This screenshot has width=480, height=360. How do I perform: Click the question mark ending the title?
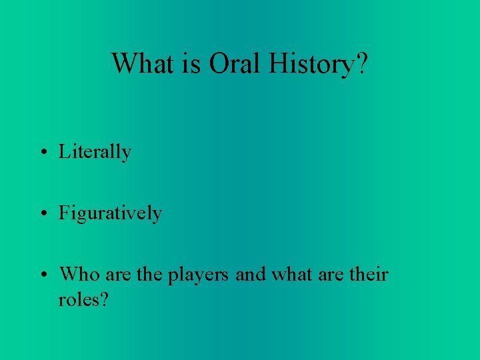tap(360, 63)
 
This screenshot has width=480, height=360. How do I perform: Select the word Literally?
tap(95, 152)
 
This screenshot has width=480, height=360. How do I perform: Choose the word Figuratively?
tap(110, 213)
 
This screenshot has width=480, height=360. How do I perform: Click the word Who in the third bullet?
tap(79, 274)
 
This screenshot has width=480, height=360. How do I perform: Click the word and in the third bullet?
tap(251, 274)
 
